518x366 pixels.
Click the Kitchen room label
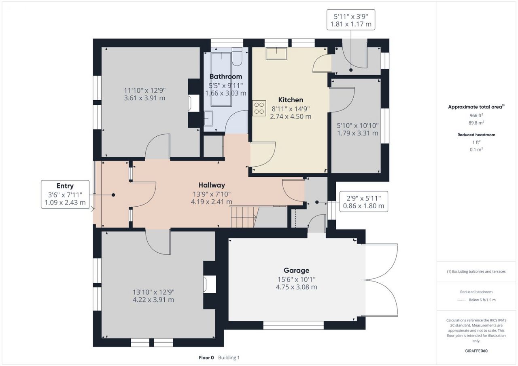coord(291,100)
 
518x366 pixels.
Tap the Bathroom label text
coord(226,76)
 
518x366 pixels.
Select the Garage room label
coord(296,270)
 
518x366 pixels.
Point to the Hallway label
coord(212,185)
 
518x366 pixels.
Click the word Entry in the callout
coord(65,186)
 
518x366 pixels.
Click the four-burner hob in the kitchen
coord(259,108)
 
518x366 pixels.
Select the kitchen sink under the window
coord(276,54)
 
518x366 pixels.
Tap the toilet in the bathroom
coord(237,57)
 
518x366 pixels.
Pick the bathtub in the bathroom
coord(221,79)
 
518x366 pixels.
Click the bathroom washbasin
coord(208,118)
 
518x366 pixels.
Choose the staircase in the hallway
coord(244,217)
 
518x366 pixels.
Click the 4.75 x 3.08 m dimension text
coord(296,287)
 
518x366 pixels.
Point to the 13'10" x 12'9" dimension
coord(153,292)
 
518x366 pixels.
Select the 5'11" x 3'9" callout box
coord(351,20)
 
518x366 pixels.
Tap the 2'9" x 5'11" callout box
coord(363,201)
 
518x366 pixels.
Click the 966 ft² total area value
coord(476,115)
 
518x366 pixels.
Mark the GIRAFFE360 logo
coord(476,351)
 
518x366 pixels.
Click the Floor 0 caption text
coord(206,358)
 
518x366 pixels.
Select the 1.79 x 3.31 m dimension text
coord(357,133)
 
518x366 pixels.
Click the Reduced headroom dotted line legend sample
coord(461,300)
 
